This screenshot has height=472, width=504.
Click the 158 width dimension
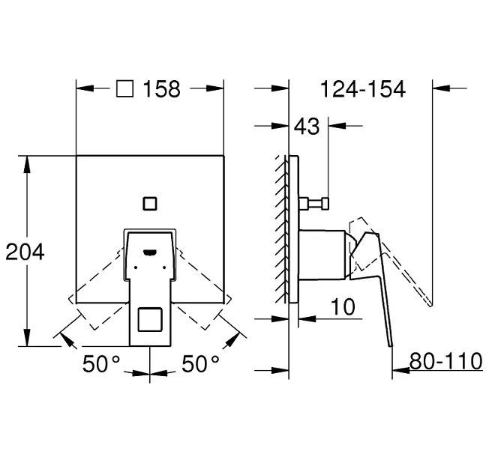pyautogui.click(x=161, y=89)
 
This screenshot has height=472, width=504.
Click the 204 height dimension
pyautogui.click(x=25, y=252)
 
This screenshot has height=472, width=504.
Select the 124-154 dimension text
pyautogui.click(x=363, y=89)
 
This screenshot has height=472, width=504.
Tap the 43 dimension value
pyautogui.click(x=307, y=126)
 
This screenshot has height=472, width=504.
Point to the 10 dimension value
pyautogui.click(x=343, y=306)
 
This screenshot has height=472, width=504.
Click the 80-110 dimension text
pyautogui.click(x=445, y=361)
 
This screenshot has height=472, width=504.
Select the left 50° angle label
pyautogui.click(x=101, y=364)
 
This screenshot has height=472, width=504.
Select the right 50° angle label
pyautogui.click(x=200, y=364)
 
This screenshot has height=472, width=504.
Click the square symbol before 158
pyautogui.click(x=124, y=88)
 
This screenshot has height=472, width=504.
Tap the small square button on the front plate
pyautogui.click(x=150, y=204)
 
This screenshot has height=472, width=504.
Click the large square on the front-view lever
pyautogui.click(x=150, y=319)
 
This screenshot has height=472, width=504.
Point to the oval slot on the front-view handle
pyautogui.click(x=150, y=253)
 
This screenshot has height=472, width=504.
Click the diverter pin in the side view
pyautogui.click(x=313, y=204)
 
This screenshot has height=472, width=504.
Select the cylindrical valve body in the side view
pyautogui.click(x=322, y=255)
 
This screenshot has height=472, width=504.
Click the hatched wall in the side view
pyautogui.click(x=281, y=229)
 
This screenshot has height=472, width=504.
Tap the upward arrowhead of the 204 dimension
pyautogui.click(x=27, y=165)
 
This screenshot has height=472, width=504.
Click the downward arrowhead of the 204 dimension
pyautogui.click(x=27, y=337)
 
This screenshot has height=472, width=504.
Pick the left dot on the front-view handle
pyautogui.click(x=136, y=267)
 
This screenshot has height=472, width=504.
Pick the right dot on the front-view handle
pyautogui.click(x=164, y=267)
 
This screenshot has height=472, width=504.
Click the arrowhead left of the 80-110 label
pyautogui.click(x=400, y=370)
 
